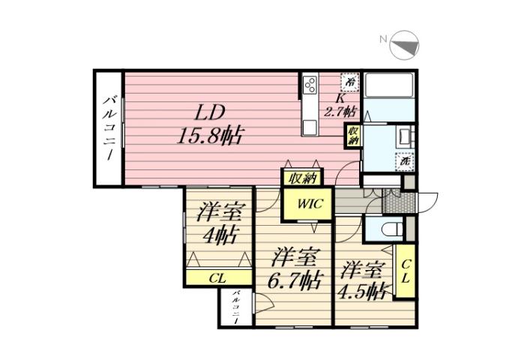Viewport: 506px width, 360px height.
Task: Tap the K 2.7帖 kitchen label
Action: [340, 105]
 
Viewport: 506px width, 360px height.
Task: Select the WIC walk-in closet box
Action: [307, 203]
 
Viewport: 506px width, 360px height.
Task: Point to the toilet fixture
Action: [391, 229]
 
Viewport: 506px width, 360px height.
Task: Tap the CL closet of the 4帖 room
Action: [217, 277]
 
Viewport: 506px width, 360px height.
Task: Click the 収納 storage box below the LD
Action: [302, 178]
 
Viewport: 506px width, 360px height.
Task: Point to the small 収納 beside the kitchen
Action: [352, 136]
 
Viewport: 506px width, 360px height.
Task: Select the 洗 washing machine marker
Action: [405, 160]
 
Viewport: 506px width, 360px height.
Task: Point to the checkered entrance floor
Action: [392, 201]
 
